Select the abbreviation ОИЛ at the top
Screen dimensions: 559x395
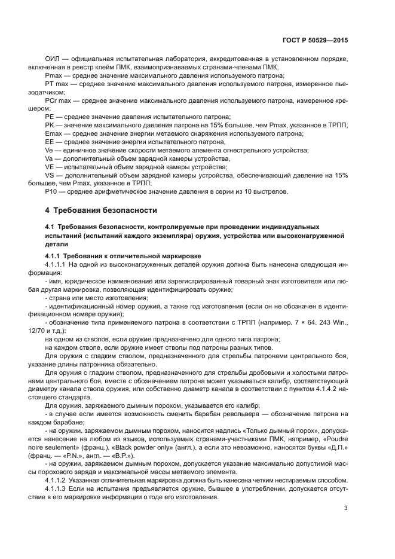tap(52, 60)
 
